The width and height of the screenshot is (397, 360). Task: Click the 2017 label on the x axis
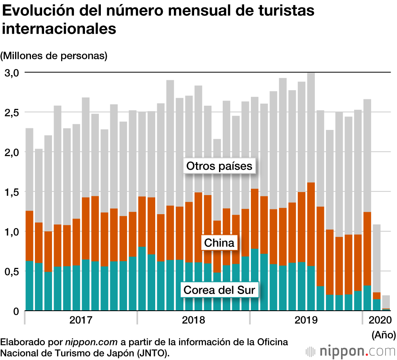(81, 320)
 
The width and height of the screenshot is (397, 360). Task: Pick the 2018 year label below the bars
(193, 320)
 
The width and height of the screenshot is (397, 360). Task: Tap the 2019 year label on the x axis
(306, 320)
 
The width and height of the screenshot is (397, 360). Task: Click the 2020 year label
(380, 320)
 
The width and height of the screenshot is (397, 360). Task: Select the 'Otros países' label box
(220, 166)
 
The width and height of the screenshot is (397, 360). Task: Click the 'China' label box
(219, 242)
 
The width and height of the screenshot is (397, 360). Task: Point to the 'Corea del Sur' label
(219, 290)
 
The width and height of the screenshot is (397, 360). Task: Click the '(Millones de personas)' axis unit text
(54, 56)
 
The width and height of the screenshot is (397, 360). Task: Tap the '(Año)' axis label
(384, 335)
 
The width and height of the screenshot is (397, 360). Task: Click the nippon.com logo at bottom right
(351, 351)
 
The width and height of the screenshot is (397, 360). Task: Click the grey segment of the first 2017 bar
(29, 169)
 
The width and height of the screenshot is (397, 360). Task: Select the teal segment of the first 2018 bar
(142, 279)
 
